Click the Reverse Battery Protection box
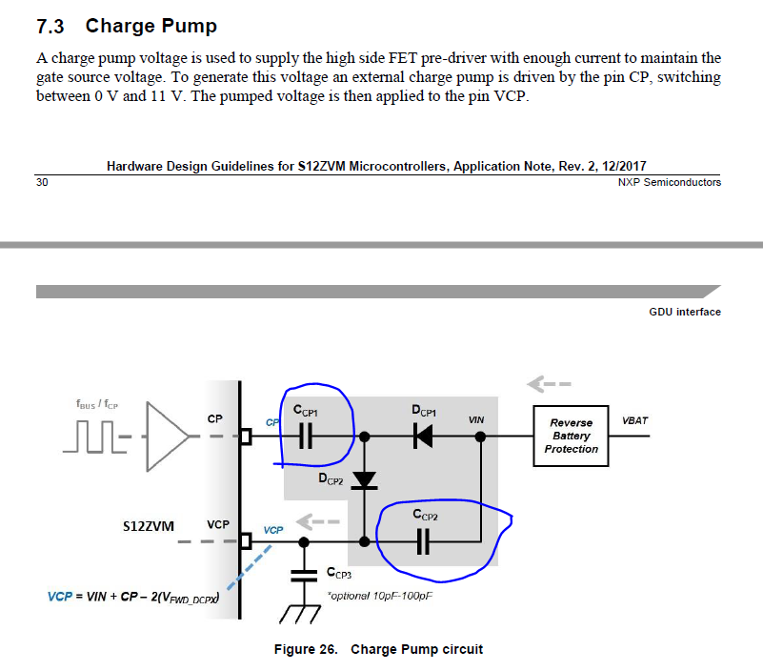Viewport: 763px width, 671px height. [572, 436]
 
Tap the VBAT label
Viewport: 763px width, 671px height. [635, 420]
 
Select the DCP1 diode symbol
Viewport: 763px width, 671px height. [423, 437]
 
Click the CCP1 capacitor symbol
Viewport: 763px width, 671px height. [306, 437]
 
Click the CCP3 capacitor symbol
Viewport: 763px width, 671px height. [304, 576]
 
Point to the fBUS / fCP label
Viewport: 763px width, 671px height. [98, 404]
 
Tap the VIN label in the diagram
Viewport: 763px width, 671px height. [476, 419]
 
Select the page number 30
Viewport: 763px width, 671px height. [42, 182]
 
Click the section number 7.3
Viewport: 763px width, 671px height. [53, 26]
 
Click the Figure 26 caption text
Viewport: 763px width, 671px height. [378, 649]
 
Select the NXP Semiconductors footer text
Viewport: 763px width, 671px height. [669, 182]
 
